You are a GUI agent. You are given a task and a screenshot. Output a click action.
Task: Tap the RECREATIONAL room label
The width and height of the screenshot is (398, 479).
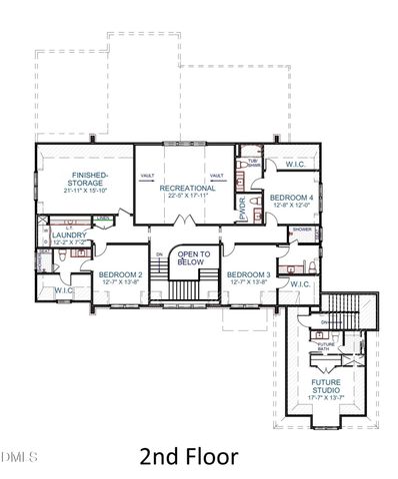pyautogui.click(x=187, y=187)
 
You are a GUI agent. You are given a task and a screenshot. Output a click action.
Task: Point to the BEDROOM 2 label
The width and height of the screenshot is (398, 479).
pyautogui.click(x=120, y=273)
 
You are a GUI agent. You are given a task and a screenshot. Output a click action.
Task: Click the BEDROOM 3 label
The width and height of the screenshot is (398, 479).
pyautogui.click(x=248, y=273)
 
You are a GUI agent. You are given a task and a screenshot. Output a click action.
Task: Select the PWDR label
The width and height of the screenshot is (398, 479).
pyautogui.click(x=243, y=210)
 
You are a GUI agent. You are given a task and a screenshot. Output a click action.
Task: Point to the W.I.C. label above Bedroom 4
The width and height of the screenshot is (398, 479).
pyautogui.click(x=295, y=165)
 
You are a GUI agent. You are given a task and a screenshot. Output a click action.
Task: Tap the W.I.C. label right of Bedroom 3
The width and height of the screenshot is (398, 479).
pyautogui.click(x=300, y=284)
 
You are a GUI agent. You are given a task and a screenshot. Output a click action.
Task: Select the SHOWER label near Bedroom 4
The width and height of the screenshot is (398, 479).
pyautogui.click(x=301, y=230)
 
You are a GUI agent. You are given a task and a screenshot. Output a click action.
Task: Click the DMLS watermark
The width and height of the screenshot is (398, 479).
pyautogui.click(x=19, y=457)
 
